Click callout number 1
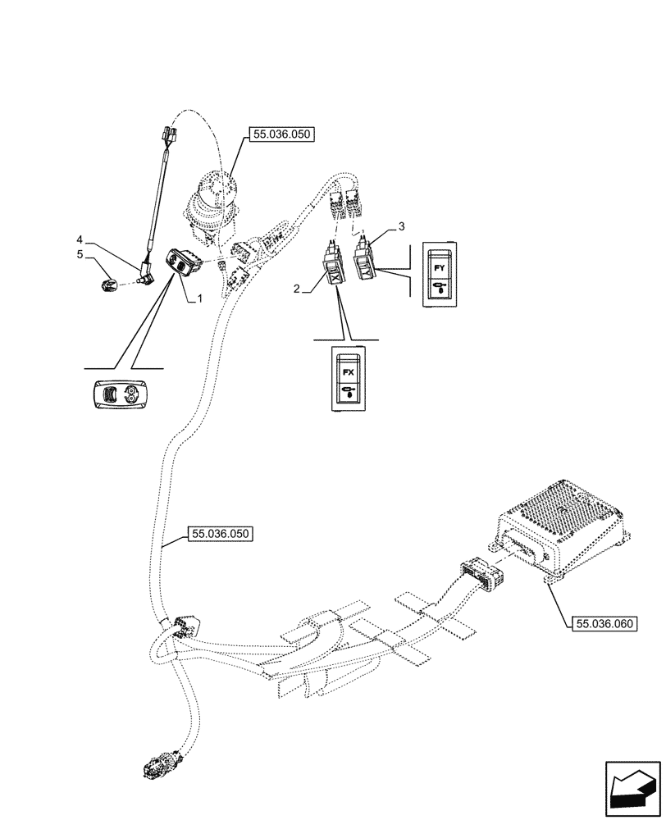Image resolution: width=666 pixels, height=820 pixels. [x=198, y=301]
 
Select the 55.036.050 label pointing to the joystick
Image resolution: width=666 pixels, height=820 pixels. [x=281, y=136]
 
